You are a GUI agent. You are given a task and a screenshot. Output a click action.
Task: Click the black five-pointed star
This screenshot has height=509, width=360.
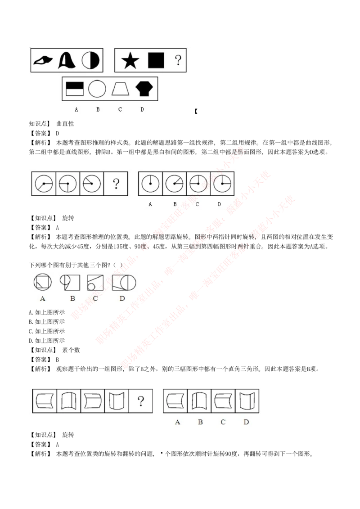click(x=130, y=60)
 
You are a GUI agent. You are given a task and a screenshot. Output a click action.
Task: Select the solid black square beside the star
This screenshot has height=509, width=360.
click(x=156, y=60)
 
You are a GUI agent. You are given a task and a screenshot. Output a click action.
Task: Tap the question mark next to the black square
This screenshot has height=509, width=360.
click(x=178, y=60)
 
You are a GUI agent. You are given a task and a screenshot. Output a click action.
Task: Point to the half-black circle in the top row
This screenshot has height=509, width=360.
click(x=90, y=60)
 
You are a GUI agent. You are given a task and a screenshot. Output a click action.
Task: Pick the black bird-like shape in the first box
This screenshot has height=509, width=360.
click(x=43, y=60)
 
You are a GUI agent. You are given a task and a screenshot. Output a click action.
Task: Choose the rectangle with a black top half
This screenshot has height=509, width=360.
click(x=75, y=89)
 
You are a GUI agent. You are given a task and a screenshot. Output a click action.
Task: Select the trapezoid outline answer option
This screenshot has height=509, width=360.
click(x=120, y=89)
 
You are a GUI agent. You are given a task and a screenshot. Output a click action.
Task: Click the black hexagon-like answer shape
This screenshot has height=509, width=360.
click(x=144, y=89)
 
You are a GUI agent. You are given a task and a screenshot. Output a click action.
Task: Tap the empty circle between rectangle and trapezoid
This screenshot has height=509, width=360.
click(x=97, y=89)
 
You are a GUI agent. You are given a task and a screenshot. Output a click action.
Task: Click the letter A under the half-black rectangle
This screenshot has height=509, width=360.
click(x=76, y=109)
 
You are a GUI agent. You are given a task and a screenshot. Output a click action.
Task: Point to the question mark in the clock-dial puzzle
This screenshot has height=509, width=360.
click(x=116, y=183)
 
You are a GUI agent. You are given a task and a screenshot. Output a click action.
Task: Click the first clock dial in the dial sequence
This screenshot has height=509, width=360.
click(x=44, y=184)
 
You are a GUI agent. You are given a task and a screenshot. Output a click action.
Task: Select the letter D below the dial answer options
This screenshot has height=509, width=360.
click(x=219, y=204)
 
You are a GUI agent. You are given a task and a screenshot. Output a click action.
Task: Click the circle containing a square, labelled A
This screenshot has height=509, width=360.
click(x=42, y=282)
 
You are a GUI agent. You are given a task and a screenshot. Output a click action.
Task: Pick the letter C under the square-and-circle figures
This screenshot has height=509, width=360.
click(x=95, y=298)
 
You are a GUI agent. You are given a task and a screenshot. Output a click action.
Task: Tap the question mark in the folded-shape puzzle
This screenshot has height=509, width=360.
click(x=141, y=401)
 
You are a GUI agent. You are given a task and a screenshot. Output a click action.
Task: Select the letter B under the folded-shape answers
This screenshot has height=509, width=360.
click(x=200, y=422)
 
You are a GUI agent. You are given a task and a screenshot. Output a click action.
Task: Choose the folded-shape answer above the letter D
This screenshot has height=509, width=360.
click(x=247, y=401)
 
